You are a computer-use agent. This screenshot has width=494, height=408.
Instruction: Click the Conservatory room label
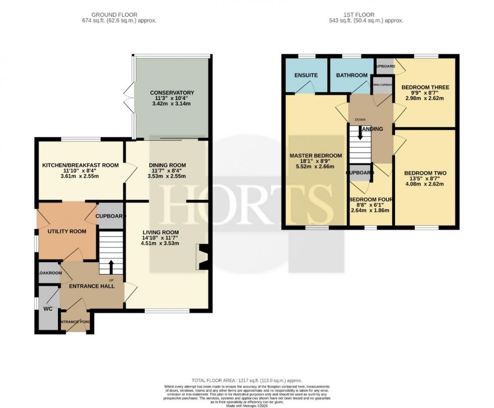172,93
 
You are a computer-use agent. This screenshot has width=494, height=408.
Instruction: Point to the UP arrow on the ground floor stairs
111,266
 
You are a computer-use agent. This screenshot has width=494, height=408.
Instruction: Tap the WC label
48,308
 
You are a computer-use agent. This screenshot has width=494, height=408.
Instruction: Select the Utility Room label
67,231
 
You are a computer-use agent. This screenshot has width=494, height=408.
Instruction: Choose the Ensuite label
306,75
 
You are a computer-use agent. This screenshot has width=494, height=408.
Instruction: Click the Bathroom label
351,75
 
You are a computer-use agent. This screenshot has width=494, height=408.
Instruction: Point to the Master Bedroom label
316,155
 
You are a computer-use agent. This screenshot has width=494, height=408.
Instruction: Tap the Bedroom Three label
425,87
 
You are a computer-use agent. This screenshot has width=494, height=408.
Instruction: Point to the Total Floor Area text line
246,380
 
